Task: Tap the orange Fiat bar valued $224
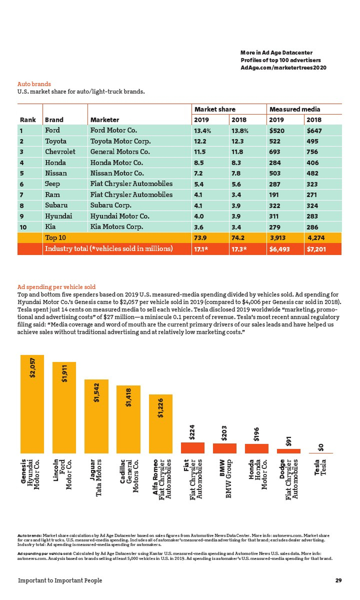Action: (x=192, y=447)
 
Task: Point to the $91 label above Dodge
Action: (x=289, y=441)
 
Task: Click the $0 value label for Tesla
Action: (x=321, y=447)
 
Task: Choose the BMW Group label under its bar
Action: (x=224, y=475)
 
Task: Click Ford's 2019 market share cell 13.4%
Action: (x=203, y=131)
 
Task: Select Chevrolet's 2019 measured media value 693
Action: (x=276, y=152)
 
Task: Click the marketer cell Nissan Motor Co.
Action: (x=117, y=173)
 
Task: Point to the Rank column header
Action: (x=28, y=120)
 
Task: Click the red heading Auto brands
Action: (x=34, y=84)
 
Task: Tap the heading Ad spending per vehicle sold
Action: (x=57, y=286)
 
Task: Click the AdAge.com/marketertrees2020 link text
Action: (x=283, y=68)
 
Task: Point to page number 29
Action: (x=338, y=580)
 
